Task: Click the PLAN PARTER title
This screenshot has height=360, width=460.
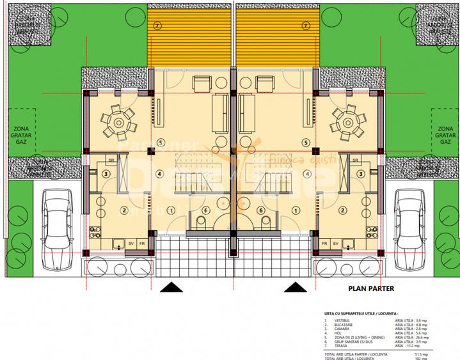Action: (371, 288)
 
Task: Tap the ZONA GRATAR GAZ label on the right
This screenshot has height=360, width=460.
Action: (443, 136)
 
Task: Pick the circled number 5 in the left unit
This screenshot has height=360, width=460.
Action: (143, 142)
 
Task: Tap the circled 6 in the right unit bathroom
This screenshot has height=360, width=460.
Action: (261, 210)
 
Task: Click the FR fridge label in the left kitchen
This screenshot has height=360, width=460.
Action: (143, 244)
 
